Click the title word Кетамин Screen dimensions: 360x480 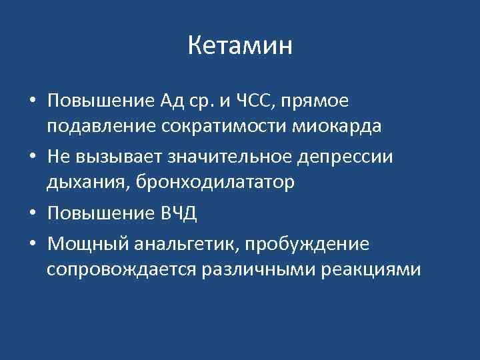click(x=240, y=46)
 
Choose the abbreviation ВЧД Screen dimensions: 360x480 click(x=179, y=213)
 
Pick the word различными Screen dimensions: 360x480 click(x=265, y=270)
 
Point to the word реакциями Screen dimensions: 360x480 click(x=378, y=270)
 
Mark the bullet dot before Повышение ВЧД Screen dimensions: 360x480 click(x=32, y=213)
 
